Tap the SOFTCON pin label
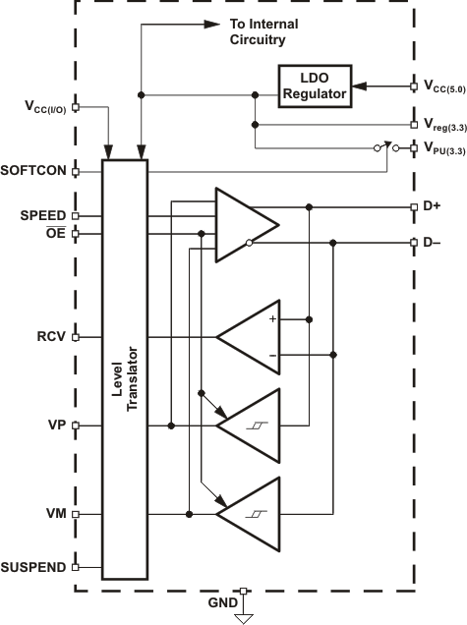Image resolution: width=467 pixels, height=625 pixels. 34,170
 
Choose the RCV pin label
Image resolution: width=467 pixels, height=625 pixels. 51,336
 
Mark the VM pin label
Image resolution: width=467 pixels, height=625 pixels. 56,513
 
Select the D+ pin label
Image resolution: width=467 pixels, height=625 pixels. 433,207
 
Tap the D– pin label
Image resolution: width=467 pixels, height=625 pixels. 433,243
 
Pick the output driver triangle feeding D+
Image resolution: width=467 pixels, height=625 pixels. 246,225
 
